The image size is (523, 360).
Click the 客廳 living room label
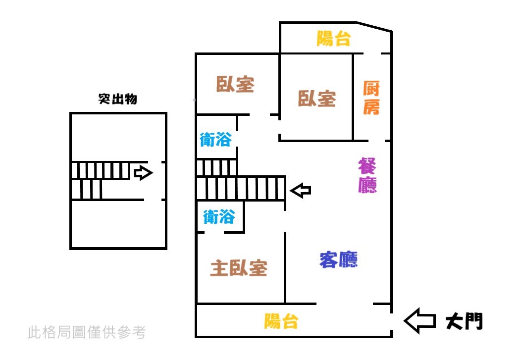click(x=338, y=259)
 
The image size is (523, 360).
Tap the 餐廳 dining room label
click(x=367, y=176)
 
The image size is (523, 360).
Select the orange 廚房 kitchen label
click(x=371, y=98)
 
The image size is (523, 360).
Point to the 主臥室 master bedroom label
click(x=239, y=268)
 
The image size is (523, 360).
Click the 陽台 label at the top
click(x=334, y=38)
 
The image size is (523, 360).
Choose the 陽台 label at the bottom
click(x=281, y=321)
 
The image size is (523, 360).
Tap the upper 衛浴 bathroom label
click(x=215, y=140)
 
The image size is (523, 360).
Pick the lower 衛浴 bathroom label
click(x=218, y=216)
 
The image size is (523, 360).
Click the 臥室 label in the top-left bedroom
click(x=235, y=84)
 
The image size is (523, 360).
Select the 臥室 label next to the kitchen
click(x=317, y=98)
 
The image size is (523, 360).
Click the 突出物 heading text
click(x=118, y=99)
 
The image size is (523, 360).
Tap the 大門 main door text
click(x=464, y=321)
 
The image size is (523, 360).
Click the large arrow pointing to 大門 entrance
click(x=419, y=320)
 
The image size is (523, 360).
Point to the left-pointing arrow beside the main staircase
click(x=300, y=190)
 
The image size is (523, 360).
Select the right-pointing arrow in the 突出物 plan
click(x=143, y=173)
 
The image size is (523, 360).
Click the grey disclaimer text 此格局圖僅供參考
click(x=87, y=332)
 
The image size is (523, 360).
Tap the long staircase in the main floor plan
click(x=241, y=188)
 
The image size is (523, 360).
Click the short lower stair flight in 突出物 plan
click(x=86, y=189)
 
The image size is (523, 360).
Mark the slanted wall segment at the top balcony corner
click(x=374, y=27)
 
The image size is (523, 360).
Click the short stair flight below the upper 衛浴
click(x=216, y=167)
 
